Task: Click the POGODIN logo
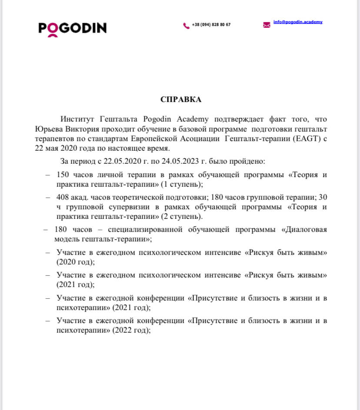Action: (72, 29)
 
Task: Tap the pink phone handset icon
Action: (186, 25)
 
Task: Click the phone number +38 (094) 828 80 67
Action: (211, 25)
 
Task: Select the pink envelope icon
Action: (267, 25)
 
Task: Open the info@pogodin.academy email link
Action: (298, 22)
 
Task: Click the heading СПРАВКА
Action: (181, 99)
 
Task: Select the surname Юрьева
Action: (49, 130)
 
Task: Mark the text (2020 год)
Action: (76, 262)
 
